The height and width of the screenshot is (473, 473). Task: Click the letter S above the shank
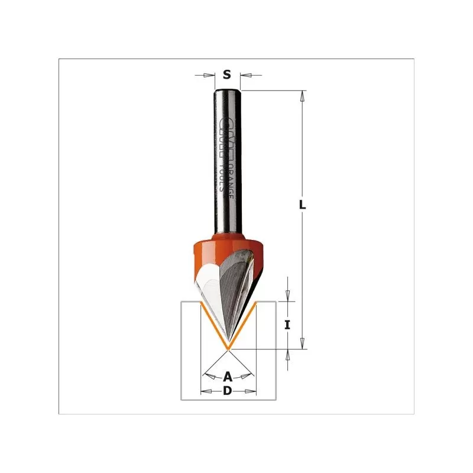[x=226, y=74]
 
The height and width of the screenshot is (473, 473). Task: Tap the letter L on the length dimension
[x=302, y=205]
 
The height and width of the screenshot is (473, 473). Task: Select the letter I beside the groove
[x=287, y=325]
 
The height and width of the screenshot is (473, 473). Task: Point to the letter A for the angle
[x=228, y=375]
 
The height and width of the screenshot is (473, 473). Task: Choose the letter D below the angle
[x=228, y=391]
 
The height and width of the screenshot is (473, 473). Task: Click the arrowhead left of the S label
[x=208, y=75]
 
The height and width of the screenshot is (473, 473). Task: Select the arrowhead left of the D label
[x=206, y=391]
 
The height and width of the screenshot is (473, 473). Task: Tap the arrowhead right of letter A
[x=248, y=374]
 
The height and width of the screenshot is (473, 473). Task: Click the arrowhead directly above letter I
[x=288, y=296]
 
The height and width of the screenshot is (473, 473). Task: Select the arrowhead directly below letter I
[x=288, y=354]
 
